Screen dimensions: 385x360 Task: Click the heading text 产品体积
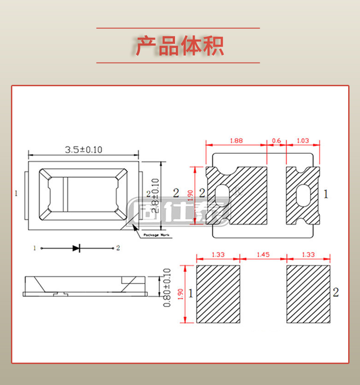tap(180, 46)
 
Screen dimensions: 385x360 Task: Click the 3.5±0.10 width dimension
tap(83, 149)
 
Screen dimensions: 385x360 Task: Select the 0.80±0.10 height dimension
tap(167, 287)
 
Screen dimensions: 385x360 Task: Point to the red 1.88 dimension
tap(236, 140)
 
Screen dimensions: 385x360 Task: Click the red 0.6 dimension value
tap(276, 140)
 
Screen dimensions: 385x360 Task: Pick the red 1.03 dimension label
tap(303, 140)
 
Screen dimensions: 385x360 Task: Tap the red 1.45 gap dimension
tap(263, 255)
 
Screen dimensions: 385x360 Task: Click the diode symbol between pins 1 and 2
tap(77, 248)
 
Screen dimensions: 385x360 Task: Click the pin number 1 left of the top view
tap(16, 193)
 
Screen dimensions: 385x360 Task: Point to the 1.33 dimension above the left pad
tap(218, 255)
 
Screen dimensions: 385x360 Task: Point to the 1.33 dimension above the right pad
tap(309, 255)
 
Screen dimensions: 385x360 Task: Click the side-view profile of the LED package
tap(85, 286)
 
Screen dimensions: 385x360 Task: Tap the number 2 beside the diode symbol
tap(118, 248)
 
